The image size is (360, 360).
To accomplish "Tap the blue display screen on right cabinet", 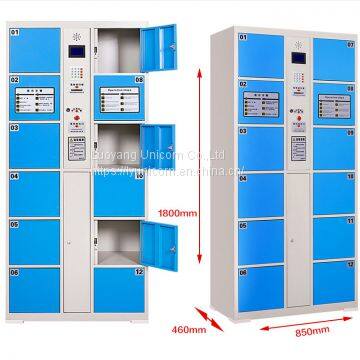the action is point(296,58).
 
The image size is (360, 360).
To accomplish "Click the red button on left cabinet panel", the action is point(73,118).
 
